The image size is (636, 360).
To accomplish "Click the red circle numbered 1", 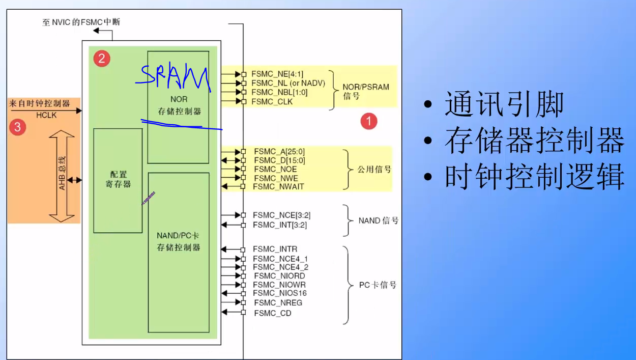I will (x=369, y=121).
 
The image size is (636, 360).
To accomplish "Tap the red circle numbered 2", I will (x=101, y=59).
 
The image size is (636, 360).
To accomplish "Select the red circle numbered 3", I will (x=17, y=126).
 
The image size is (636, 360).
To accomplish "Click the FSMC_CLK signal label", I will (x=272, y=102).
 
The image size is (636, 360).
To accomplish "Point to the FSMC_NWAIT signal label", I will (x=278, y=186).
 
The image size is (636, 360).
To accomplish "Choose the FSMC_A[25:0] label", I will (x=279, y=152).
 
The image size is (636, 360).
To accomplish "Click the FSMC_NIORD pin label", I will (x=279, y=276).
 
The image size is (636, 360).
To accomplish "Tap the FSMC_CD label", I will (x=273, y=313).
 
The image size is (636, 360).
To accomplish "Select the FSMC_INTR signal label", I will (x=275, y=249).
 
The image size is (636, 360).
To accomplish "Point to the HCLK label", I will (x=46, y=116).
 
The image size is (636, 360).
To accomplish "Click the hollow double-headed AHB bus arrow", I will (x=63, y=176).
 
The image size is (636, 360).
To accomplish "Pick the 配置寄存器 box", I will (x=118, y=180).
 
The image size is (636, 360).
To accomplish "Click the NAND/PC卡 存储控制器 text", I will (x=178, y=242).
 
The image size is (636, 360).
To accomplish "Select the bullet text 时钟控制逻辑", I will (x=534, y=177).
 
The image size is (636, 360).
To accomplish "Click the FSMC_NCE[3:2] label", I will (x=281, y=215).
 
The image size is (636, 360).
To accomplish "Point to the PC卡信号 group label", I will (x=378, y=285).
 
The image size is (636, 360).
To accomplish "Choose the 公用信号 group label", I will (x=374, y=169).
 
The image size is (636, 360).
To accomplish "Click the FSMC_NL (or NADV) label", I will (x=288, y=83).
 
